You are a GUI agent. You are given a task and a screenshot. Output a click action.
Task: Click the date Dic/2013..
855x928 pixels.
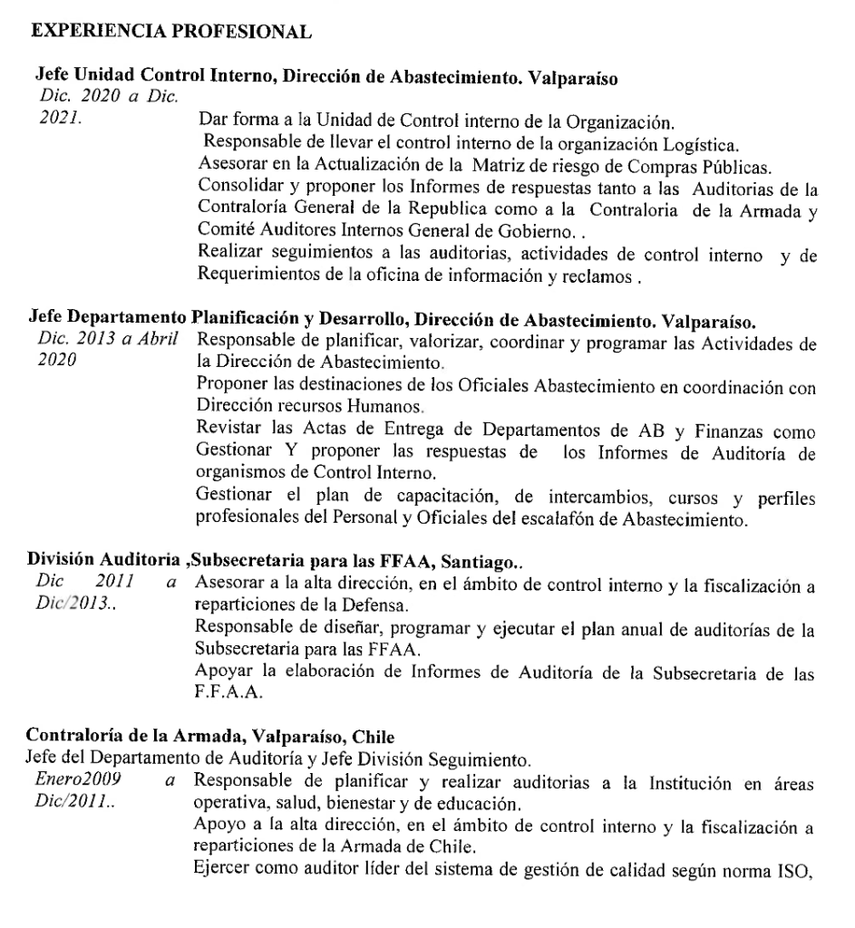coord(66,599)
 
